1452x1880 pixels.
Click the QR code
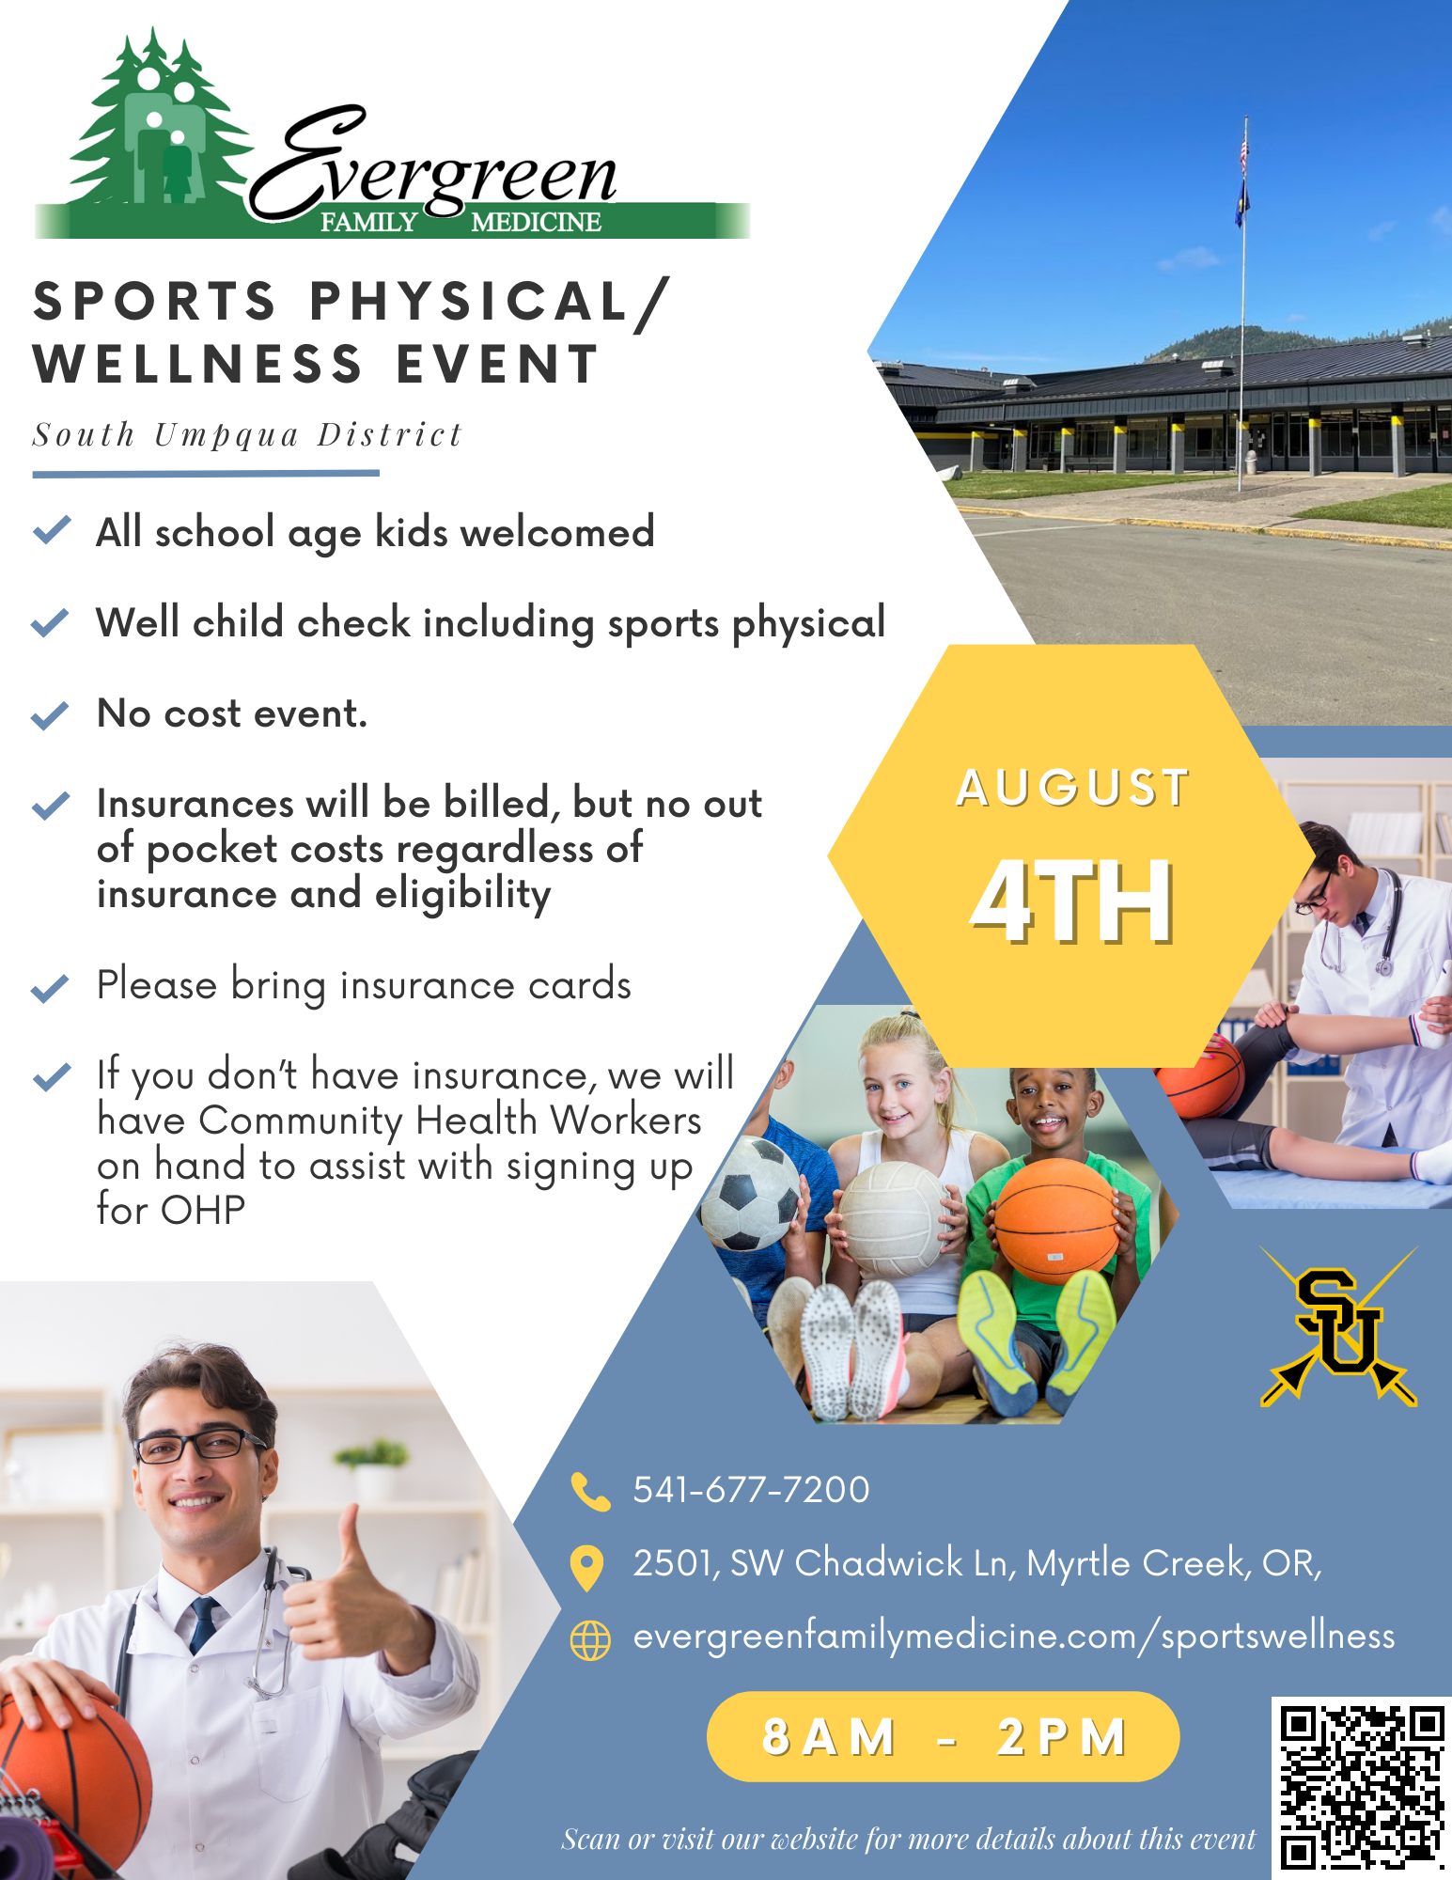[1362, 1786]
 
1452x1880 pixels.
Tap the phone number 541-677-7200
[751, 1490]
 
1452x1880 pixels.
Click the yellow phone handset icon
[590, 1492]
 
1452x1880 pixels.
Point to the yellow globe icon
[590, 1640]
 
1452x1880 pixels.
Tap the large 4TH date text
[1071, 901]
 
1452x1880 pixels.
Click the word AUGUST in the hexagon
[1073, 788]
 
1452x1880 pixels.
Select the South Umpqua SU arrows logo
[1338, 1326]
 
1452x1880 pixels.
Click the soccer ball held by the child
[751, 1194]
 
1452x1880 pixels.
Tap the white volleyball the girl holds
[893, 1219]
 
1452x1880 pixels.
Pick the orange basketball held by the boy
[1056, 1220]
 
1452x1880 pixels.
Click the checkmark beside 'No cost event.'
[50, 715]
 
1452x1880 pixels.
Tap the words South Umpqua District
[247, 435]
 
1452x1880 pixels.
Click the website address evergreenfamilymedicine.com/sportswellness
[1014, 1637]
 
